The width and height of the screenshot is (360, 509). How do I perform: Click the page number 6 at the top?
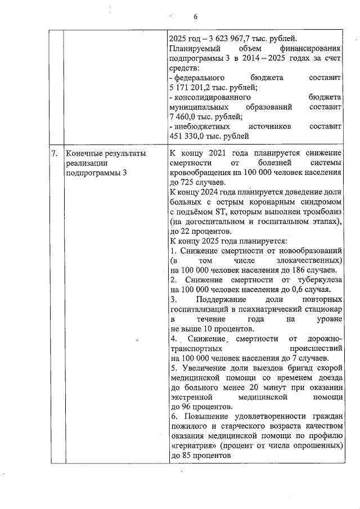[196, 16]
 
